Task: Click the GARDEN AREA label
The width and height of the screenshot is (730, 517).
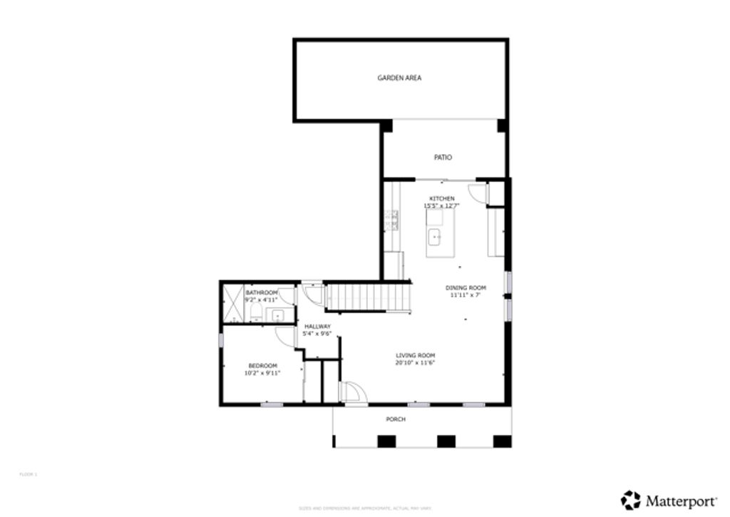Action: tap(399, 78)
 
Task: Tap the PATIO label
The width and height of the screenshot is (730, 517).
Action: tap(443, 158)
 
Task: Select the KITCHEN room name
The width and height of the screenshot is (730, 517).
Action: tap(441, 198)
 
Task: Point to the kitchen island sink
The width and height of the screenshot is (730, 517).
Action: tap(434, 237)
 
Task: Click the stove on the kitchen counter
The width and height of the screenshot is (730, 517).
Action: tap(391, 221)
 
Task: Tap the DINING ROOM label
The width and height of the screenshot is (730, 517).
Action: tap(466, 288)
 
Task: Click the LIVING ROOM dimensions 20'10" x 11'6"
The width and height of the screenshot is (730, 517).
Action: tap(416, 363)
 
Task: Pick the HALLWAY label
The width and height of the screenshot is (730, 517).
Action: tap(317, 326)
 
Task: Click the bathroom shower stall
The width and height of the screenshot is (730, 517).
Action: tap(232, 304)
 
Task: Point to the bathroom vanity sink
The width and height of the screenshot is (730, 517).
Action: tap(275, 314)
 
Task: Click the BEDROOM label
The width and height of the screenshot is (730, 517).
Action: tap(262, 365)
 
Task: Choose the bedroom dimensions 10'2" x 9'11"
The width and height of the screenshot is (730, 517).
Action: tap(262, 372)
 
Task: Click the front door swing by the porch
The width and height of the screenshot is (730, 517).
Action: tap(353, 391)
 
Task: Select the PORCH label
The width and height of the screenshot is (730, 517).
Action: tap(396, 419)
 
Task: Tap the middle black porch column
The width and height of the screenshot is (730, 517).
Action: tap(446, 441)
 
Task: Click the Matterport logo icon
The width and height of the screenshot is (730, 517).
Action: tap(630, 500)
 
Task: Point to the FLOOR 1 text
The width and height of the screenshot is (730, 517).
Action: tap(28, 474)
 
